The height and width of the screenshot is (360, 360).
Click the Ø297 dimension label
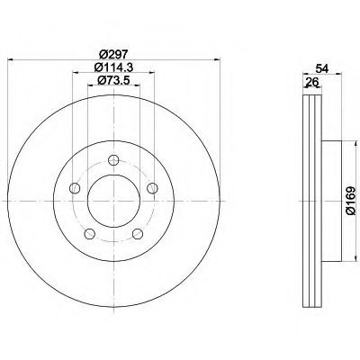tap(113, 55)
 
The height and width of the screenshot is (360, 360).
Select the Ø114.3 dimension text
tap(113, 67)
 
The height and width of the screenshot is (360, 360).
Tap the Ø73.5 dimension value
tap(113, 80)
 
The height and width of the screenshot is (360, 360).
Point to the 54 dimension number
tap(322, 68)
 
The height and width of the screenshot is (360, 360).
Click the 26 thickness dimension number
tap(312, 81)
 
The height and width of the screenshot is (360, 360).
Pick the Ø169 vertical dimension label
tap(350, 201)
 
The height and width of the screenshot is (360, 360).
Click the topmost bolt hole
tap(113, 160)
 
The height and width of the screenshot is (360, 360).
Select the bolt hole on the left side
tap(75, 188)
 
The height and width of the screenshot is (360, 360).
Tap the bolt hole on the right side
tap(152, 188)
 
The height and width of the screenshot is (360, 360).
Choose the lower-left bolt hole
tap(89, 234)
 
